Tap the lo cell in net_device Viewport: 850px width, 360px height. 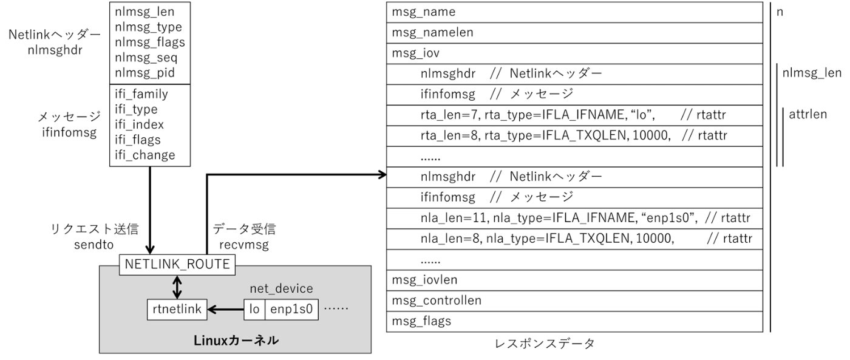[x=254, y=309]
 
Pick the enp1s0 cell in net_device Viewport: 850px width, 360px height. [x=291, y=309]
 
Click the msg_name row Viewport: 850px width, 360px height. [x=574, y=12]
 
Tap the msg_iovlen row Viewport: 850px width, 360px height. [x=574, y=280]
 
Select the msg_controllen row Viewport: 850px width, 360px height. [x=574, y=301]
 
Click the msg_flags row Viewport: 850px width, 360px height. [x=574, y=321]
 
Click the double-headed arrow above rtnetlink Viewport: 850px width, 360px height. [x=177, y=287]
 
